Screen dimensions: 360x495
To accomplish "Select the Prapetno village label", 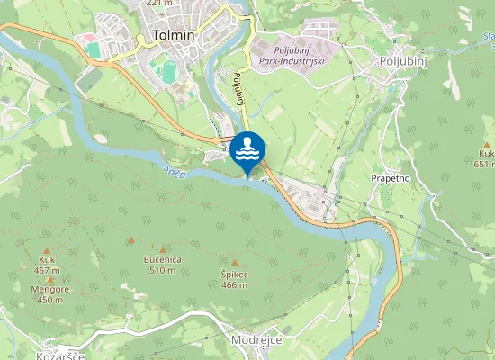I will pyautogui.click(x=391, y=178).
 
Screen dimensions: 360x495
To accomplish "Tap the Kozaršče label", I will pyautogui.click(x=60, y=356).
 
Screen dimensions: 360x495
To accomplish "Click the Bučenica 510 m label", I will pyautogui.click(x=163, y=265).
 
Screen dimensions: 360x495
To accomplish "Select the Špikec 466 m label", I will pyautogui.click(x=234, y=279).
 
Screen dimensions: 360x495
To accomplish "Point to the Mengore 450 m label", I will pyautogui.click(x=51, y=294).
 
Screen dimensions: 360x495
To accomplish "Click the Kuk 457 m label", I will pyautogui.click(x=47, y=265).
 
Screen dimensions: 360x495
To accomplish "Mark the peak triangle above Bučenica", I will pyautogui.click(x=163, y=249).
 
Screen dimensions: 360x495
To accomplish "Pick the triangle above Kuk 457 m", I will pyautogui.click(x=47, y=250).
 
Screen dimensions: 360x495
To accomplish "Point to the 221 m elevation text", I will pyautogui.click(x=158, y=4).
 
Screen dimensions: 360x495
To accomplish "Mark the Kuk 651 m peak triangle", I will pyautogui.click(x=487, y=144).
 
